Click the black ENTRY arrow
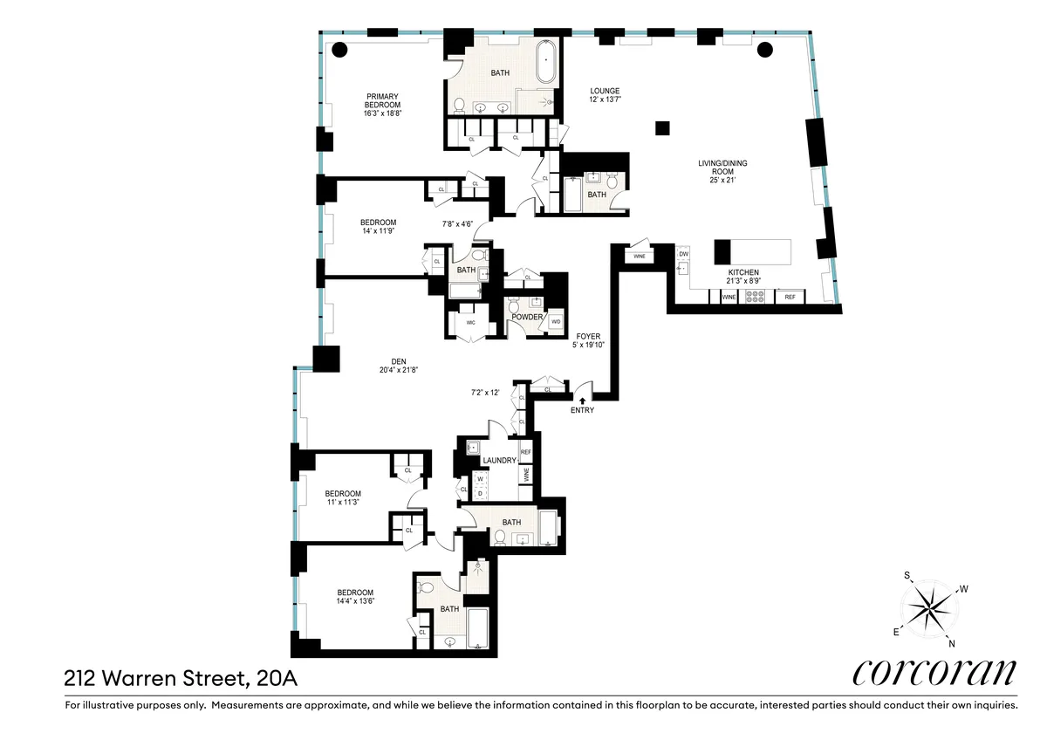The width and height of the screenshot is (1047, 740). pyautogui.click(x=583, y=399)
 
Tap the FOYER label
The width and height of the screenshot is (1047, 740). pyautogui.click(x=587, y=336)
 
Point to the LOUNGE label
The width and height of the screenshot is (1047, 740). pyautogui.click(x=605, y=91)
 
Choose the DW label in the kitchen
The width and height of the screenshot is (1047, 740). pyautogui.click(x=683, y=254)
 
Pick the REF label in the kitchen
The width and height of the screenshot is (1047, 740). pyautogui.click(x=790, y=298)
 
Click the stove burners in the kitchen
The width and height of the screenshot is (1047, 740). pyautogui.click(x=756, y=298)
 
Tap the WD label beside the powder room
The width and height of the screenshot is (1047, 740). pyautogui.click(x=555, y=322)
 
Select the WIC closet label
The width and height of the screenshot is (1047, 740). pyautogui.click(x=471, y=322)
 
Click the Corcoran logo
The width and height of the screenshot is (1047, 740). pyautogui.click(x=934, y=673)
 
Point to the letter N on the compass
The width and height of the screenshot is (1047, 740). pyautogui.click(x=951, y=644)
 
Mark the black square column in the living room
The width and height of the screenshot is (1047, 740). pyautogui.click(x=663, y=128)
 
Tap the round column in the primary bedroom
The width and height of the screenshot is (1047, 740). pyautogui.click(x=339, y=49)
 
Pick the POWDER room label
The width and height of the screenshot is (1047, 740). pyautogui.click(x=527, y=317)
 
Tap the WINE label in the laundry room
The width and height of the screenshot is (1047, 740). pyautogui.click(x=526, y=475)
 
